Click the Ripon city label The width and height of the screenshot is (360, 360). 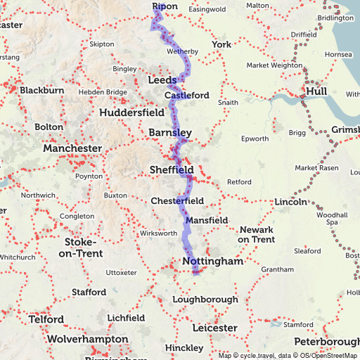click(x=165, y=6)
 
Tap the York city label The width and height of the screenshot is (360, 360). click(x=221, y=44)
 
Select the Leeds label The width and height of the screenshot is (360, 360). click(x=162, y=81)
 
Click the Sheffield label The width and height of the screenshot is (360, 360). click(x=172, y=169)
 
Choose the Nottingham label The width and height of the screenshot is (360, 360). click(x=212, y=261)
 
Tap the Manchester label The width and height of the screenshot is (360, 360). click(x=72, y=148)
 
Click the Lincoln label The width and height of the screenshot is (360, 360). click(x=290, y=202)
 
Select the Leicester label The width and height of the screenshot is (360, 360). click(x=214, y=328)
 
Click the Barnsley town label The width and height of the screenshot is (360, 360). click(x=170, y=132)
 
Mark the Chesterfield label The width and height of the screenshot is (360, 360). click(x=177, y=201)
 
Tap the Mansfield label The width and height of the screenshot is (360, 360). click(x=207, y=220)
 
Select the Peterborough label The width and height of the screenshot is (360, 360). click(x=327, y=342)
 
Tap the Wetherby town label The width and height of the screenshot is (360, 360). click(x=182, y=51)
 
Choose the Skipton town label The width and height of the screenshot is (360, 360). click(x=102, y=44)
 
